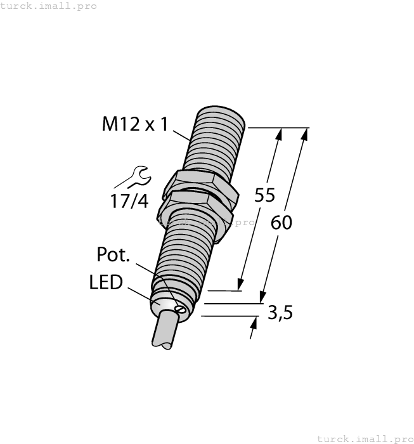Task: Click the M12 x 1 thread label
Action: [135, 125]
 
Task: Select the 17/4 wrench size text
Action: [129, 202]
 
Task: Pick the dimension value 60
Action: [281, 223]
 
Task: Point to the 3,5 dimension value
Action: [280, 313]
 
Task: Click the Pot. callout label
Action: [113, 255]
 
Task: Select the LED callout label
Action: [106, 282]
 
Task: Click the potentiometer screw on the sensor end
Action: [181, 310]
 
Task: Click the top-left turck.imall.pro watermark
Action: [49, 6]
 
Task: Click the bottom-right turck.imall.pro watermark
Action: [364, 438]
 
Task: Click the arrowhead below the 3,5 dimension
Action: [254, 324]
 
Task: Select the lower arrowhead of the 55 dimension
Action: [242, 284]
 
